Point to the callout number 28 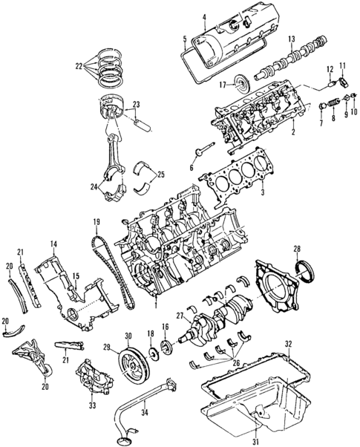(x=297, y=248)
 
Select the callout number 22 (x=80, y=66)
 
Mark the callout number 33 (x=91, y=405)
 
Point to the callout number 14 (x=54, y=244)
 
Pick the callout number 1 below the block (x=155, y=304)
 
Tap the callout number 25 (x=160, y=177)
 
